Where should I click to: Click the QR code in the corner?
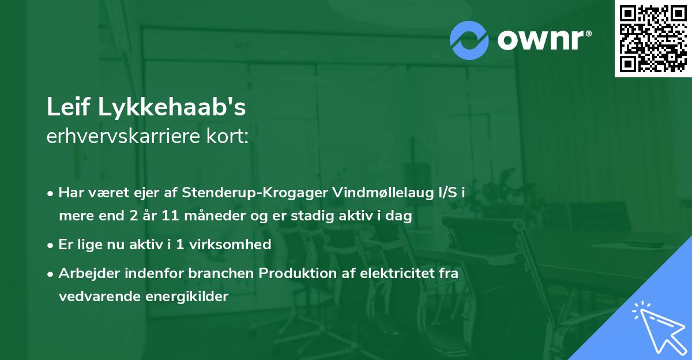coord(652,39)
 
